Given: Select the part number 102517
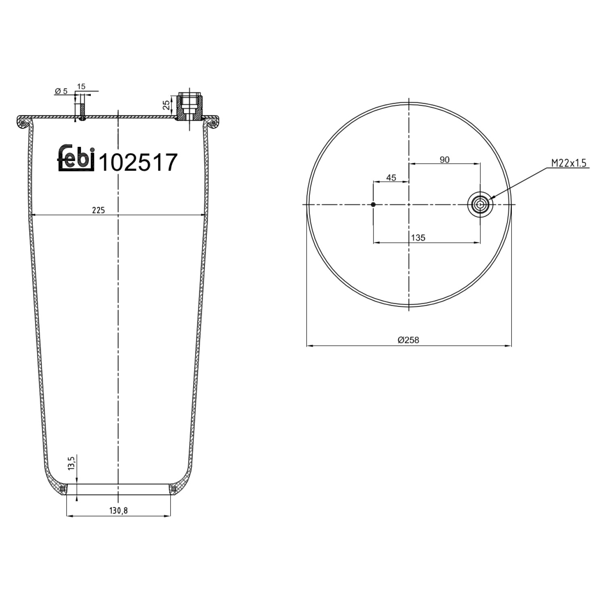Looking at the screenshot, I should [x=138, y=163].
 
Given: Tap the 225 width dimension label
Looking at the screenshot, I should [x=98, y=210].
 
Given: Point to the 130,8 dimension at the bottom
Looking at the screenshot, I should [x=119, y=510].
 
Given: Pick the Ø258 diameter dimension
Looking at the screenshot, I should [x=408, y=340].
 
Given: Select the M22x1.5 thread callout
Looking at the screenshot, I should [x=568, y=163].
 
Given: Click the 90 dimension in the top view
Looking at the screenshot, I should [x=444, y=160].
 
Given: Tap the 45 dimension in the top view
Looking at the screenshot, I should [x=391, y=177].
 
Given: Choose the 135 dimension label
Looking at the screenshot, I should [x=418, y=238].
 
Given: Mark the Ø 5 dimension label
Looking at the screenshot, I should [x=61, y=91].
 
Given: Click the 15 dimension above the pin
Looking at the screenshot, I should [x=81, y=86].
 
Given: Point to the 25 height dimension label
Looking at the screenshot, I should [x=166, y=105].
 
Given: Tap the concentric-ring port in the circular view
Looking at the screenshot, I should [x=480, y=205].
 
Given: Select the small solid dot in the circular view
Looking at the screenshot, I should [x=373, y=205].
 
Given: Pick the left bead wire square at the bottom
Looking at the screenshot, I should [x=62, y=489].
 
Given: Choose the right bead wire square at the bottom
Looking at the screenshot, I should [x=174, y=489].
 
